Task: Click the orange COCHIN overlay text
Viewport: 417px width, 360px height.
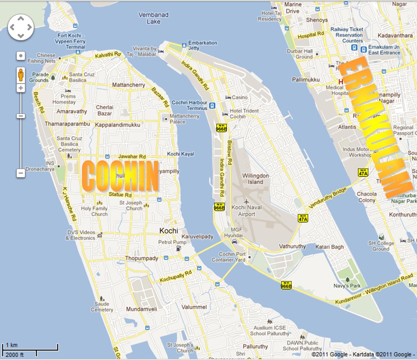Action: (x=120, y=176)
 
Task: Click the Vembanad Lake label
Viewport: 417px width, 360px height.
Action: (x=153, y=18)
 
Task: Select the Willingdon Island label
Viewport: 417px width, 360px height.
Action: (x=255, y=179)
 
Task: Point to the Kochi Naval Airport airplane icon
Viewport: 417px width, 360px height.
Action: (x=246, y=201)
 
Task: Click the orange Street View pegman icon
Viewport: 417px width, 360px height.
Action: (x=21, y=75)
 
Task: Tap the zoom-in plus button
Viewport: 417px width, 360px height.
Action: (x=21, y=88)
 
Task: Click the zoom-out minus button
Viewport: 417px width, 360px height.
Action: (x=21, y=173)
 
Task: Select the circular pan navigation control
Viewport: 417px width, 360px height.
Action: (x=21, y=27)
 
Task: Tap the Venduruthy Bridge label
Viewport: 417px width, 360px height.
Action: (x=327, y=198)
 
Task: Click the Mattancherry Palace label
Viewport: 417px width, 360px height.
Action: (x=184, y=119)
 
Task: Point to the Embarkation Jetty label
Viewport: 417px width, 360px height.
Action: (x=202, y=45)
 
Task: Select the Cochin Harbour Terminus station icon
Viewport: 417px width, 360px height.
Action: (x=212, y=106)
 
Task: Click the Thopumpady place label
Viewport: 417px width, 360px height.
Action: (x=141, y=258)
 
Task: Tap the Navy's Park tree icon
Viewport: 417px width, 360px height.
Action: (x=348, y=279)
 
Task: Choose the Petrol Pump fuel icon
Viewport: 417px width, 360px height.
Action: (x=179, y=248)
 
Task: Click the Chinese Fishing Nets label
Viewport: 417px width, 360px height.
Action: (x=42, y=58)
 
